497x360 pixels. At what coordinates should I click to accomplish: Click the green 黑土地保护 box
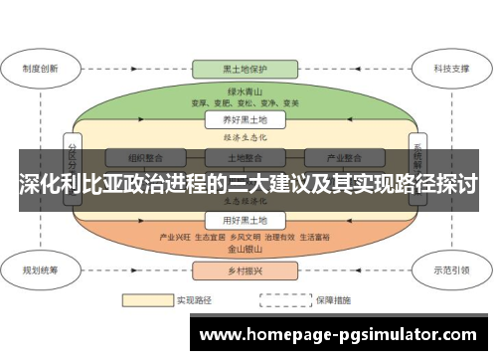tap(245, 70)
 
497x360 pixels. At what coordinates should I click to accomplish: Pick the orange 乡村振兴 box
tap(245, 270)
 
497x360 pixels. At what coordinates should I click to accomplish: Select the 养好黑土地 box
tap(245, 120)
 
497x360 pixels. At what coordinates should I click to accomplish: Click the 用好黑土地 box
tap(245, 220)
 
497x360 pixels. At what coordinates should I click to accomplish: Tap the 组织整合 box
tap(150, 158)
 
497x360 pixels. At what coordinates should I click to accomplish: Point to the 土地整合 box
tap(245, 158)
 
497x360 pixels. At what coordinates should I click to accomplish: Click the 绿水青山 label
tap(245, 90)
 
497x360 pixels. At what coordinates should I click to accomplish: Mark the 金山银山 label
tap(245, 251)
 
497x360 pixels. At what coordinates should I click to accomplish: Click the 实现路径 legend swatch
tap(145, 298)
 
